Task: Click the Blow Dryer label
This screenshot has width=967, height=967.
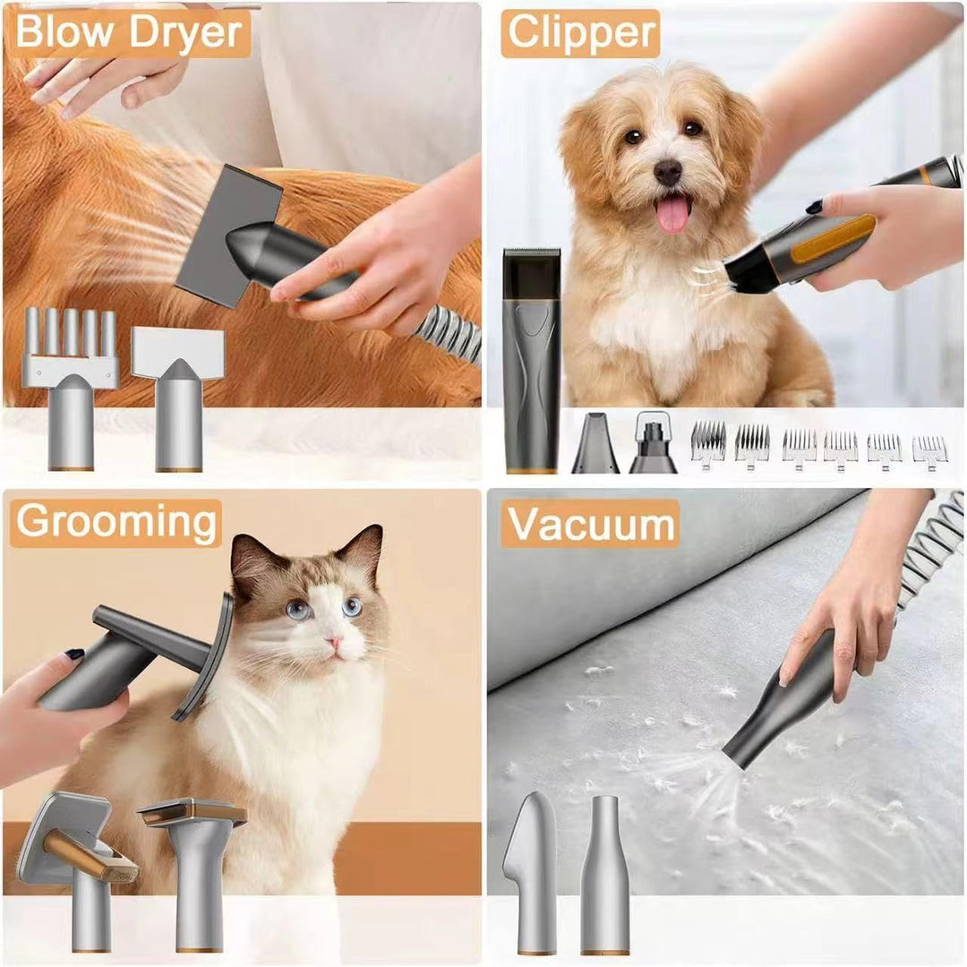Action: click(x=128, y=32)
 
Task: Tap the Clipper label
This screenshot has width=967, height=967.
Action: click(x=580, y=33)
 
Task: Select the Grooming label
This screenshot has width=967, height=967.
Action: click(x=116, y=523)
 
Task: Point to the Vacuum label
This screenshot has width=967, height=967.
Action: click(x=590, y=524)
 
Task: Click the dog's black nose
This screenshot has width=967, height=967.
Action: click(x=668, y=171)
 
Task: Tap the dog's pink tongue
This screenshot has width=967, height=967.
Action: click(x=672, y=213)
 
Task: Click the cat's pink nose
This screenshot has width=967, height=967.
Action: click(x=334, y=643)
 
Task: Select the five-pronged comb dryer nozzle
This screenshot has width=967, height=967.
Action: click(x=71, y=389)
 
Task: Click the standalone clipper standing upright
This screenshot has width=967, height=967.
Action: click(x=532, y=360)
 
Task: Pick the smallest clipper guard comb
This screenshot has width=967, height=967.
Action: click(x=929, y=453)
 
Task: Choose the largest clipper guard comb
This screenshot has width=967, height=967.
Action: click(x=708, y=445)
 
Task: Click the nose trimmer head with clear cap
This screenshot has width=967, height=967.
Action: click(x=654, y=443)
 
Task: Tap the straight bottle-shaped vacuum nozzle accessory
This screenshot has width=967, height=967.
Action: click(x=604, y=875)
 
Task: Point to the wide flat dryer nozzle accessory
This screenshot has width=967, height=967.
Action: click(x=177, y=398)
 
